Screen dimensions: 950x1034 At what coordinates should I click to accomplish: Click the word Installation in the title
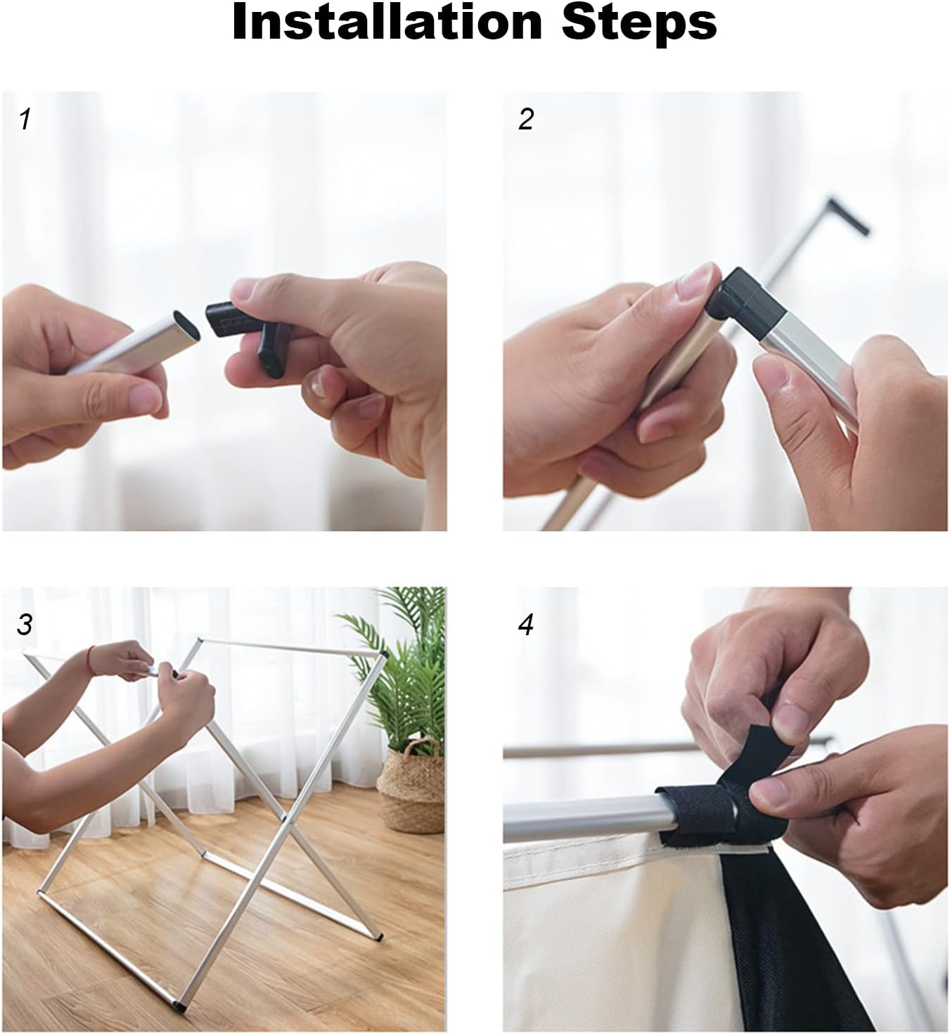387,23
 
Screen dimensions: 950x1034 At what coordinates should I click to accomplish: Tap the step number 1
25,120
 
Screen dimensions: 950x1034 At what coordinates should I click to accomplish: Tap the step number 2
525,120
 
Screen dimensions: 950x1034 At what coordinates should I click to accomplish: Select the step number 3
24,625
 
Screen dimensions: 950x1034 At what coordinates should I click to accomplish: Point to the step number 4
525,625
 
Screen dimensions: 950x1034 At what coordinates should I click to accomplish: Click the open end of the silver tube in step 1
186,325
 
